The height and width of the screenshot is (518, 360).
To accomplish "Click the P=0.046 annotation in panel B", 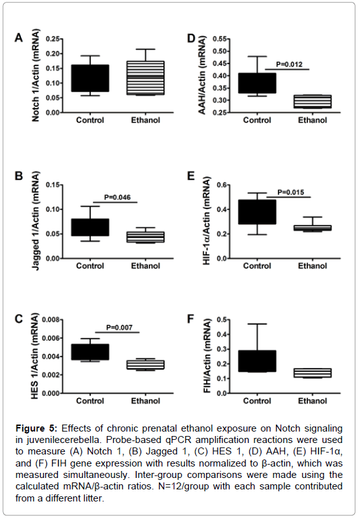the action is click(118, 197).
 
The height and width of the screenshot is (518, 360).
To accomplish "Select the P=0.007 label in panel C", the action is click(120, 327).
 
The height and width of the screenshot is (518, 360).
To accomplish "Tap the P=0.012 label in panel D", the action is click(289, 64).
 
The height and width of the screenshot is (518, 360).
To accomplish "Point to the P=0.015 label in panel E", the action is click(291, 193).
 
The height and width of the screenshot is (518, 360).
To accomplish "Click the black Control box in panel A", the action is click(90, 78).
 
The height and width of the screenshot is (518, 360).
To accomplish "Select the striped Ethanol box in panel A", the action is click(146, 78).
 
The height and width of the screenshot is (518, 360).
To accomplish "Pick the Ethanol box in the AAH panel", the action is click(312, 102).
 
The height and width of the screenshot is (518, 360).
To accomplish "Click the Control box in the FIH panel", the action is click(257, 361).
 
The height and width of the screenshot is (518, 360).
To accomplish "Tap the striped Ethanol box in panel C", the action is click(146, 365).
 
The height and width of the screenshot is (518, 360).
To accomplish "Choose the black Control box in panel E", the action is click(257, 212).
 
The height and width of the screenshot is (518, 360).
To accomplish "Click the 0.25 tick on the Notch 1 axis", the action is click(53, 39).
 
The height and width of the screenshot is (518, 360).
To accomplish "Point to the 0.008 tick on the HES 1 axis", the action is click(51, 320).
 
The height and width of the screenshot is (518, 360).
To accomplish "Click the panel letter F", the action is click(190, 319).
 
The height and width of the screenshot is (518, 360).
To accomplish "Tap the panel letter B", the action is click(19, 176).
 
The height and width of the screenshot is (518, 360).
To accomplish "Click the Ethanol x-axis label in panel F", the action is click(312, 400).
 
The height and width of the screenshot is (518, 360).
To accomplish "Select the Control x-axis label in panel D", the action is click(257, 120).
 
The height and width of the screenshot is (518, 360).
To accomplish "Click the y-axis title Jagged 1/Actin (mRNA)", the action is click(36, 221).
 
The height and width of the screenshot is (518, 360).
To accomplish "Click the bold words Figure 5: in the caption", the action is click(37, 428).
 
